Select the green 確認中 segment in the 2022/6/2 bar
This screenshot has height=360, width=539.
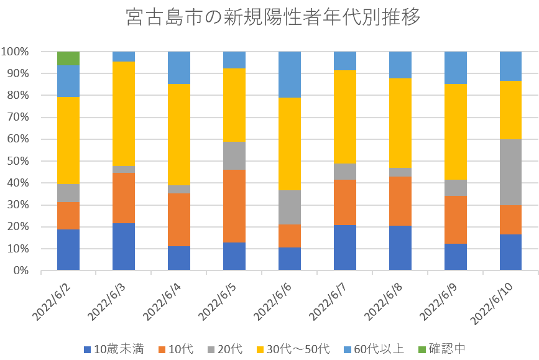[x=68, y=58]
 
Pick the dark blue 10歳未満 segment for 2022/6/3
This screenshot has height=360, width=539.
[x=123, y=247]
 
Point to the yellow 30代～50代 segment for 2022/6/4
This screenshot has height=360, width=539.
[x=179, y=134]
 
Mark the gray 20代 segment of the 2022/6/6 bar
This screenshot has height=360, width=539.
[x=290, y=207]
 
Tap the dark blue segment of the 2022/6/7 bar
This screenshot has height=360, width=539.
[x=345, y=247]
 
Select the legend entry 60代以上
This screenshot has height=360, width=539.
[x=377, y=349]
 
